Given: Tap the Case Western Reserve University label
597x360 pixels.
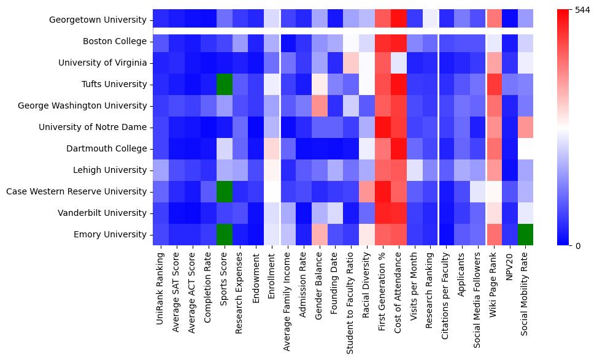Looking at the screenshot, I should pos(77,191).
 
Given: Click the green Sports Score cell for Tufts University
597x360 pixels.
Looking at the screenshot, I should pos(225,84).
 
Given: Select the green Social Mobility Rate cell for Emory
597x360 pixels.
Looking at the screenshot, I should pos(526,234).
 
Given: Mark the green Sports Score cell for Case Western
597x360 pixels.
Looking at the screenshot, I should pos(225,191).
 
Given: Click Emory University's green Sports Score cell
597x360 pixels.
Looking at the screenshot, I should pos(225,234).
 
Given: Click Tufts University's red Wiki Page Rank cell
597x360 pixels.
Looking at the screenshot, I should pos(495,84).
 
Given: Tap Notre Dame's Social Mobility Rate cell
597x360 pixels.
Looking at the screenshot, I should pos(526,127).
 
